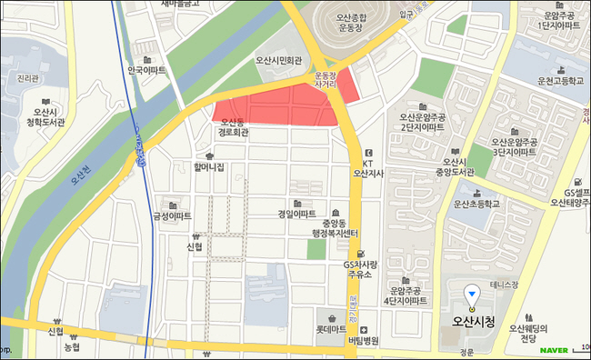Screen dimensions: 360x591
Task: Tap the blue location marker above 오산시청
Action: click(x=471, y=293)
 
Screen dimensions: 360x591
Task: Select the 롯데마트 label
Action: click(x=332, y=329)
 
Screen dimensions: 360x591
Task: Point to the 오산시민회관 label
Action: click(x=284, y=62)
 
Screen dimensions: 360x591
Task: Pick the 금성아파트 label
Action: click(x=172, y=216)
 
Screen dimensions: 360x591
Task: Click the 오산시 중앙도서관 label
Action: click(x=455, y=166)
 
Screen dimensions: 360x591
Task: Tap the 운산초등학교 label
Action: click(x=477, y=205)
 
